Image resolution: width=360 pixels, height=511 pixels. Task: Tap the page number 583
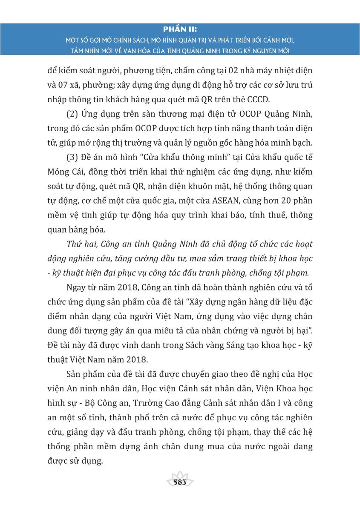(x=180, y=482)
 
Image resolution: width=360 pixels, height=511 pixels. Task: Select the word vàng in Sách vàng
(x=212, y=343)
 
